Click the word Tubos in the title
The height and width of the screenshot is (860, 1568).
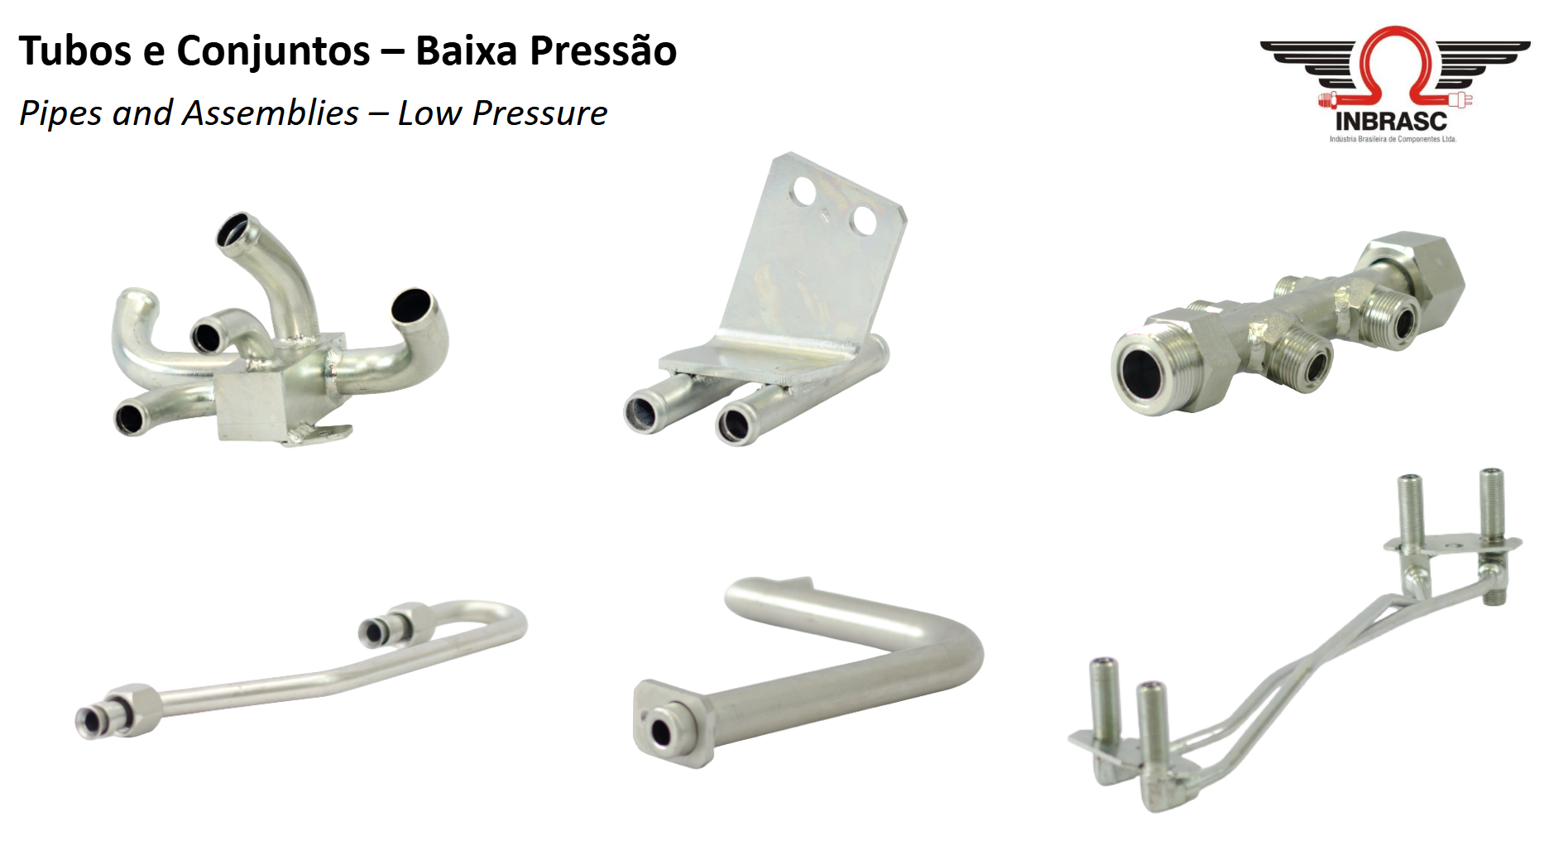[75, 50]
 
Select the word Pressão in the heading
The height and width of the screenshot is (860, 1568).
[603, 50]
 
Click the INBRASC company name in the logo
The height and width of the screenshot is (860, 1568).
[1391, 121]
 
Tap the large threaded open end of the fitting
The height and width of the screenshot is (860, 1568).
[1142, 372]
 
